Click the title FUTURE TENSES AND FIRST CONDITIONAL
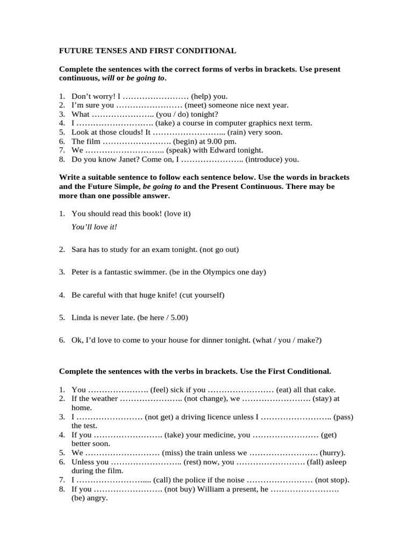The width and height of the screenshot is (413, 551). tap(147, 51)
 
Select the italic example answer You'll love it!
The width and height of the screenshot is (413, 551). tap(94, 227)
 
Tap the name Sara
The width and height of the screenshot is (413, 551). tap(80, 249)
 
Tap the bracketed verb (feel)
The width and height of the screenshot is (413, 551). tap(161, 390)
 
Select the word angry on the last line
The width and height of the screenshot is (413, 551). tap(97, 498)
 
